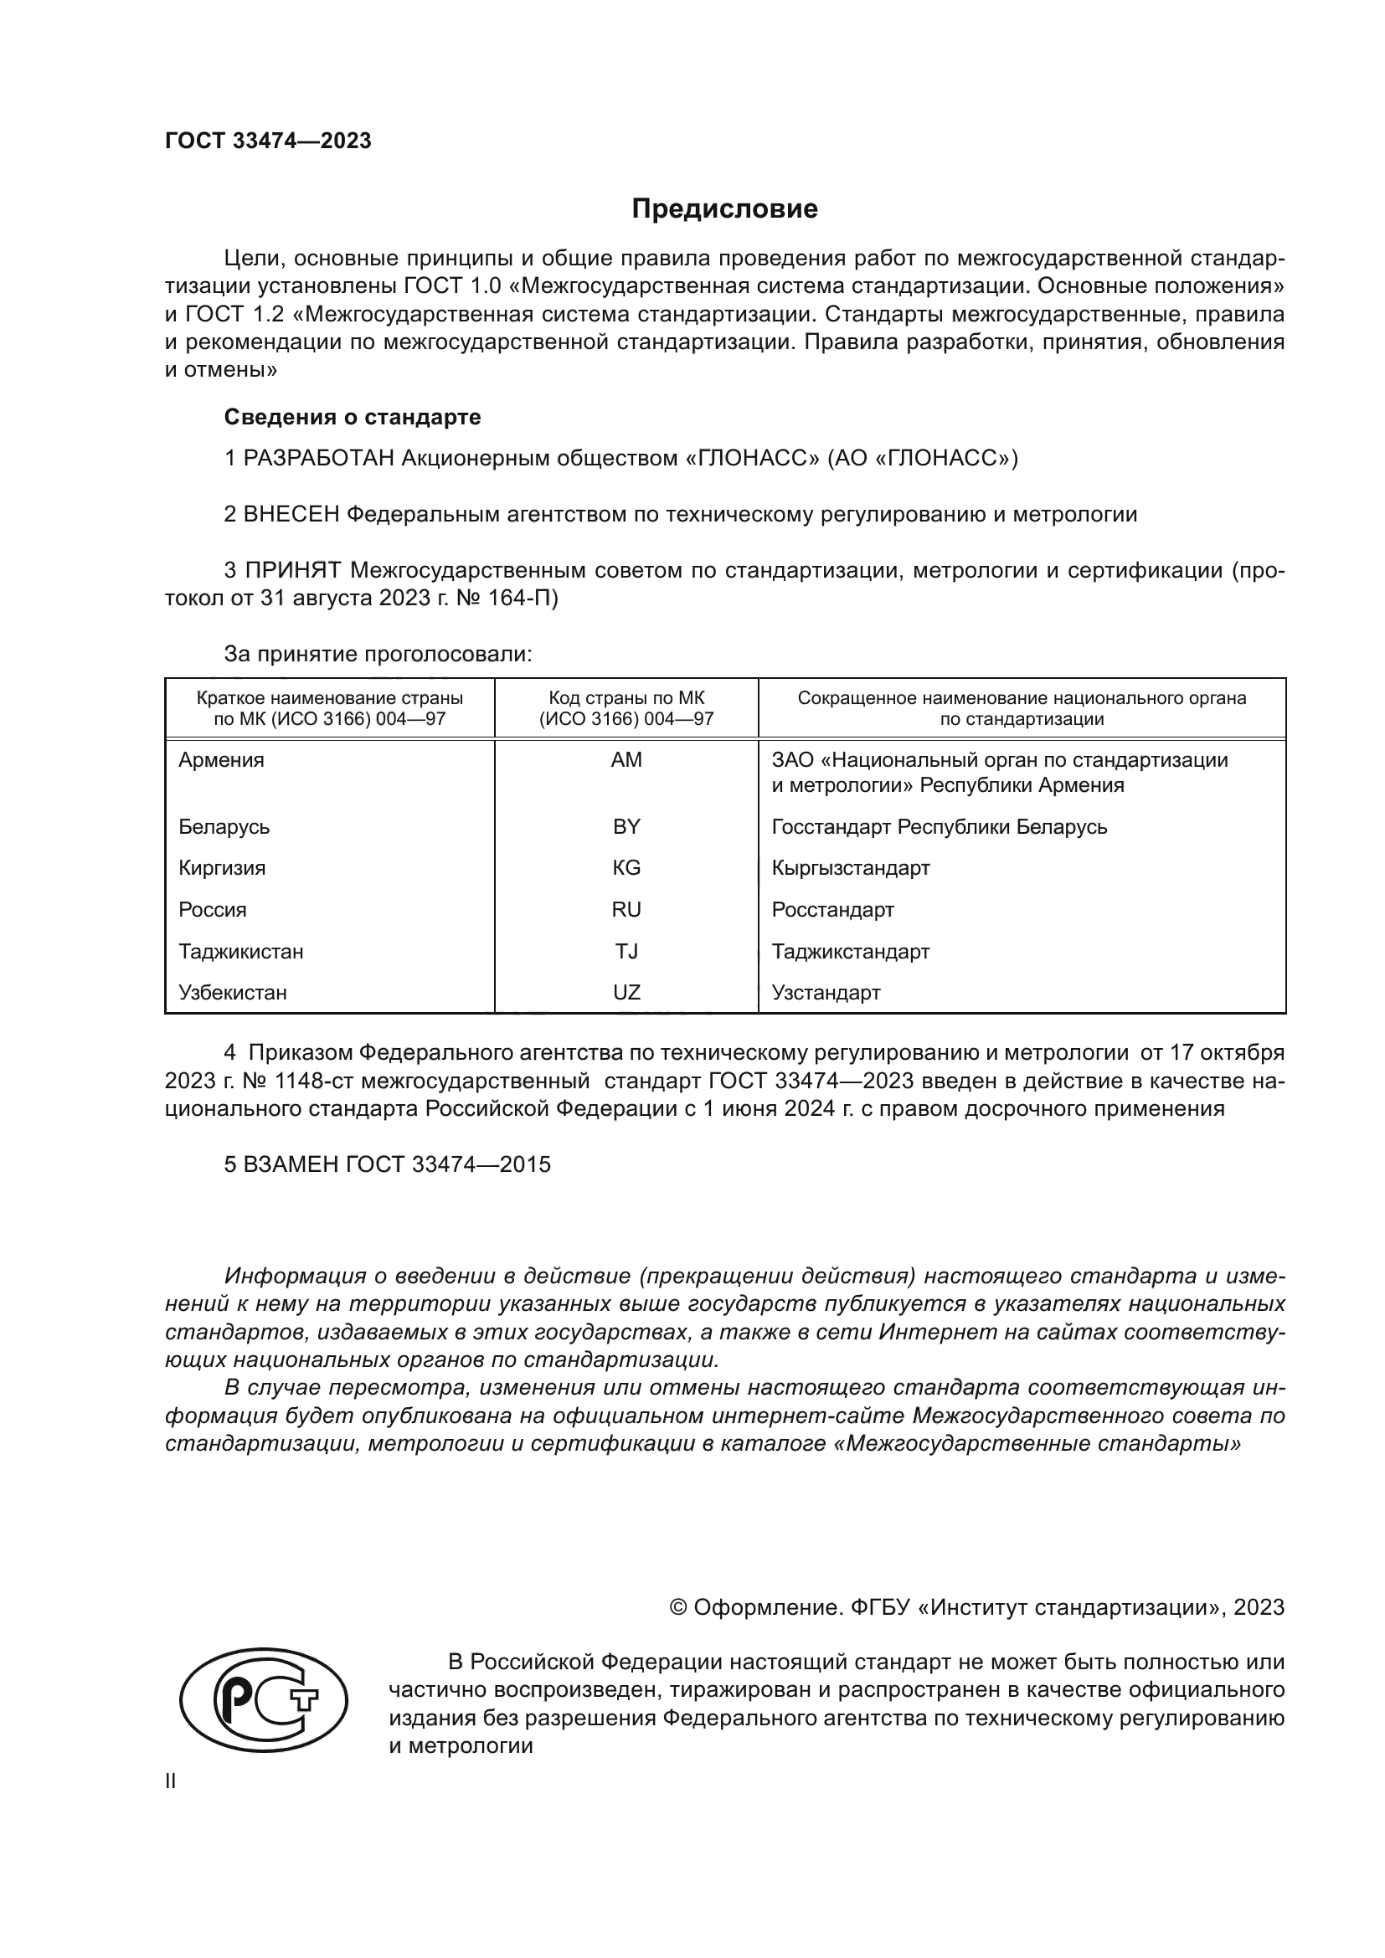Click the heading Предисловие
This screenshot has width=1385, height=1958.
coord(724,209)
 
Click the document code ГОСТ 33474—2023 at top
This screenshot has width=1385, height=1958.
coord(268,141)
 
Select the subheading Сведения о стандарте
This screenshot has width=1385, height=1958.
coord(353,418)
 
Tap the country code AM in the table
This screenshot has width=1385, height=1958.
coord(626,760)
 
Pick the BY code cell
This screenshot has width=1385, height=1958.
coord(626,826)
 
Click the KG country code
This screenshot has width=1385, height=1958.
coord(626,868)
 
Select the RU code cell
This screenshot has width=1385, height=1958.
coord(626,910)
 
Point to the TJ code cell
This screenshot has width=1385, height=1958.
coord(626,951)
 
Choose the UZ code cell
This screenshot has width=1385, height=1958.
coord(626,993)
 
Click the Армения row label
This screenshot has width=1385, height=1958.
coord(221,760)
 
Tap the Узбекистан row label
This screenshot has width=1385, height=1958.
coord(232,993)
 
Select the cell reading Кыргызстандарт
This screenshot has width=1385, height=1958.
coord(850,868)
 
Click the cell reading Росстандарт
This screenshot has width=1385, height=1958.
coord(832,910)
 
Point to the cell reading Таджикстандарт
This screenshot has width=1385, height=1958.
coord(850,951)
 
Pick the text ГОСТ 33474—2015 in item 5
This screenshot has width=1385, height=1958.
coord(448,1165)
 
